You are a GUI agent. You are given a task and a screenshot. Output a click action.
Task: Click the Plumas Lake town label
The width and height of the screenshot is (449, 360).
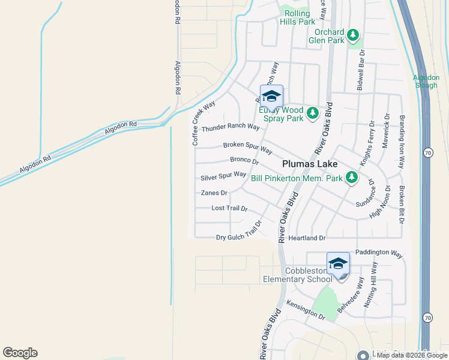pyautogui.click(x=310, y=164)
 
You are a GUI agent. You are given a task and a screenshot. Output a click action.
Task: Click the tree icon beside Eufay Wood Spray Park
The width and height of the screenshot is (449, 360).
pyautogui.click(x=312, y=113)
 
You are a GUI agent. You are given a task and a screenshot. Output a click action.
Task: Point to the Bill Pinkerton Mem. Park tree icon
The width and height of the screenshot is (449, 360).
pyautogui.click(x=351, y=178)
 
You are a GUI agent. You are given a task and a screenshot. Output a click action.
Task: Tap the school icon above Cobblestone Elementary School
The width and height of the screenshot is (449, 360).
pyautogui.click(x=338, y=264)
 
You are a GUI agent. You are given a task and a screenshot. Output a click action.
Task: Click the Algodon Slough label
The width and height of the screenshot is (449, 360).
pyautogui.click(x=426, y=81)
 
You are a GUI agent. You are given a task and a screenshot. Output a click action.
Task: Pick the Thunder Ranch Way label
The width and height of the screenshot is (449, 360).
pyautogui.click(x=231, y=128)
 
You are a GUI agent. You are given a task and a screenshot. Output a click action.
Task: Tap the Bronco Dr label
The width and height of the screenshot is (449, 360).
pyautogui.click(x=244, y=160)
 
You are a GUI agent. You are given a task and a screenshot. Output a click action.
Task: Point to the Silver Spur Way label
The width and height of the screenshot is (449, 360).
pyautogui.click(x=223, y=176)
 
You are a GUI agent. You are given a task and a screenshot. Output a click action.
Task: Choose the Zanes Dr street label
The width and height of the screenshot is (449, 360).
pyautogui.click(x=214, y=193)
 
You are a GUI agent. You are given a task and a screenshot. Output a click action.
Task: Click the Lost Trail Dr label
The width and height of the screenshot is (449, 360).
pyautogui.click(x=229, y=208)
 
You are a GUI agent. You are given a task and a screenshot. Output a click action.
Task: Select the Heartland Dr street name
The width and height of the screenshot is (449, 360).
pyautogui.click(x=306, y=238)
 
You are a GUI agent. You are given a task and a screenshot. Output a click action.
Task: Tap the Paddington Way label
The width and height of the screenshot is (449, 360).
pyautogui.click(x=379, y=253)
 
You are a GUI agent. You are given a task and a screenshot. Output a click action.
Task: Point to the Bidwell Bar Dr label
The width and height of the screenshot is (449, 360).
pyautogui.click(x=361, y=71)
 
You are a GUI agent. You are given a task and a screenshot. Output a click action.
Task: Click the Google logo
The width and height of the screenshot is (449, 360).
pyautogui.click(x=20, y=353)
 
